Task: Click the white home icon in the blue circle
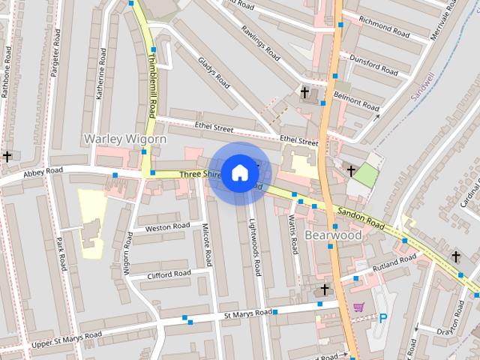click(239, 172)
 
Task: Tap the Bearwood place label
click(334, 235)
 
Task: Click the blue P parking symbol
click(383, 318)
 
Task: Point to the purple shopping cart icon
click(358, 307)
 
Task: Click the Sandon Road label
click(360, 219)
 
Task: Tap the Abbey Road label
click(43, 172)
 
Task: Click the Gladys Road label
click(213, 72)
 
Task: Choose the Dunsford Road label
click(373, 65)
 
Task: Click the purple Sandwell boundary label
click(422, 86)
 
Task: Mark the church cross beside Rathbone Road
click(7, 156)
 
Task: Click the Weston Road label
click(168, 227)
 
